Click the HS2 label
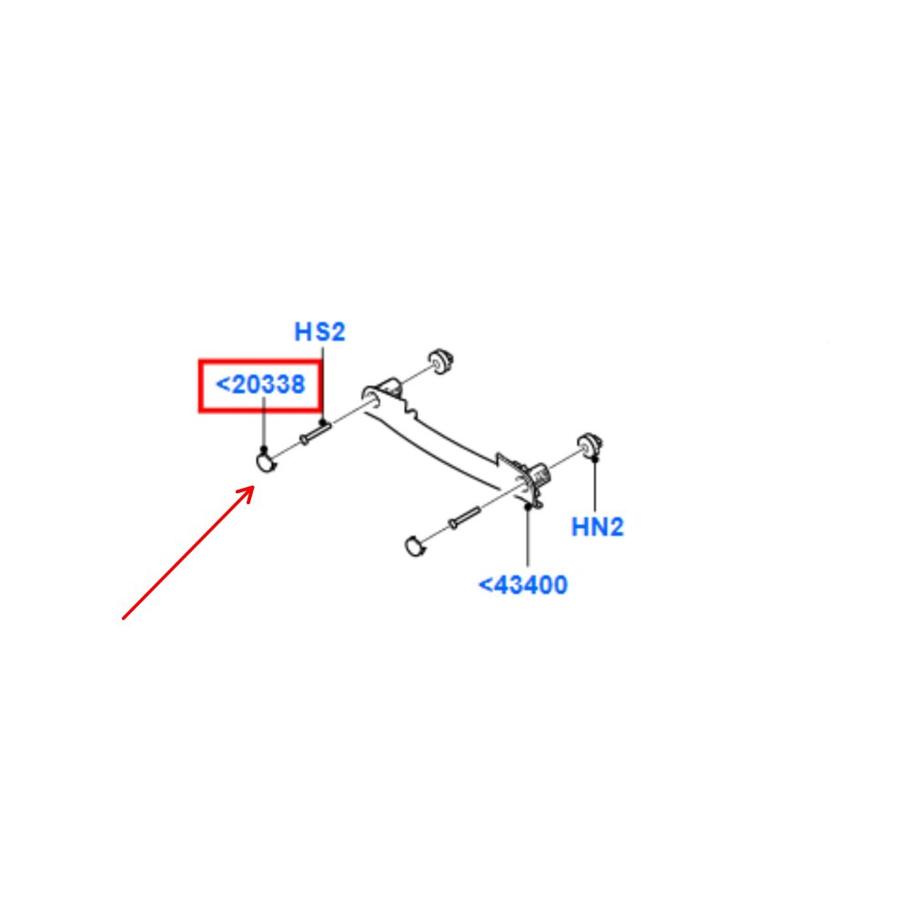click(x=319, y=332)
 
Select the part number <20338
click(x=260, y=384)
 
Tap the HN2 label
click(x=597, y=527)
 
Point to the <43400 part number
click(x=522, y=584)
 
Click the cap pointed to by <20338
click(x=266, y=462)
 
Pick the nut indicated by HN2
click(x=591, y=445)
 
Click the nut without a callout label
click(x=441, y=361)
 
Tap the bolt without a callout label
click(x=465, y=518)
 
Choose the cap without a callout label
click(x=414, y=546)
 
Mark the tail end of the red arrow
click(x=123, y=619)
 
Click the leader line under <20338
click(x=264, y=422)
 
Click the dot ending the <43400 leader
click(x=528, y=507)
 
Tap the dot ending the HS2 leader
click(x=323, y=423)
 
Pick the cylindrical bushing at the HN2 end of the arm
click(x=540, y=474)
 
